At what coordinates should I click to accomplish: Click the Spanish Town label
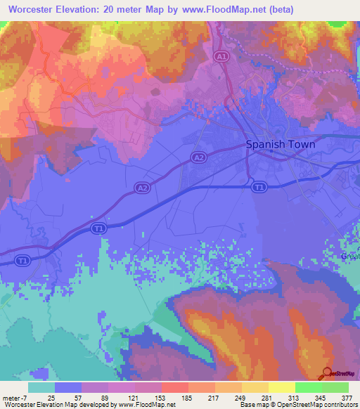tap(280, 144)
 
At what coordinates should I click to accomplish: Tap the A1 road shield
tap(222, 56)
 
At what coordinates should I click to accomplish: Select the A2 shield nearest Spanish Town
tap(199, 158)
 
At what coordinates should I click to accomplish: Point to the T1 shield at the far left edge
tap(23, 261)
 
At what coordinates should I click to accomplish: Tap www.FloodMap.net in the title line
tap(223, 10)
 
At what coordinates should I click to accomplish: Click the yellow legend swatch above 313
tap(282, 387)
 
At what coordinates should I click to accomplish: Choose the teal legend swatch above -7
tap(41, 387)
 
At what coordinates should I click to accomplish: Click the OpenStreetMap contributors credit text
tap(316, 405)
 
